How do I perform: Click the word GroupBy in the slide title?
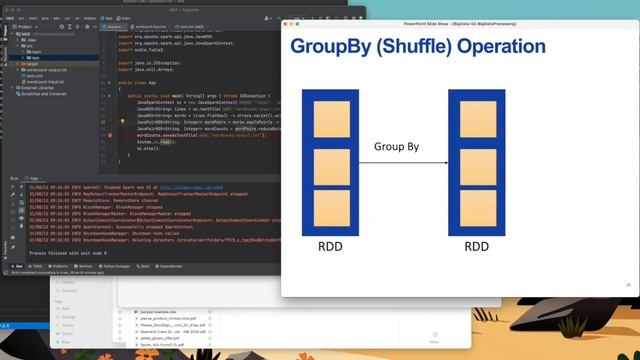click(x=330, y=47)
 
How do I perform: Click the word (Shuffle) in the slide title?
click(x=420, y=47)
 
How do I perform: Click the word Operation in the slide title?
click(x=507, y=47)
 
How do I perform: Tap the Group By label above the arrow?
click(x=396, y=146)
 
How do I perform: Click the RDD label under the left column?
click(x=330, y=246)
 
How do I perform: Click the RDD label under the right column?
click(x=476, y=246)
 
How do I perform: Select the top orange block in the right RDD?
click(x=476, y=117)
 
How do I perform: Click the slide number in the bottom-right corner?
click(x=627, y=285)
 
